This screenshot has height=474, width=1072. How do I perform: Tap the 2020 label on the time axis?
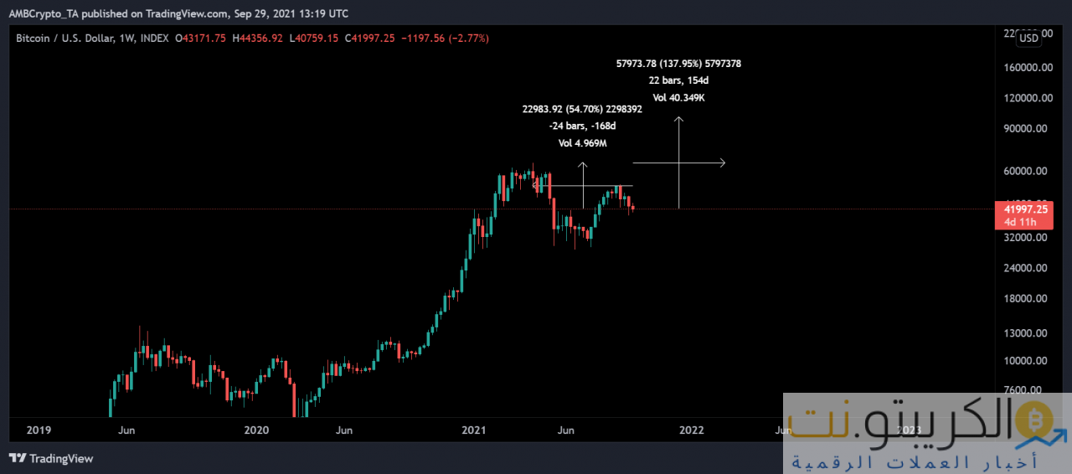(256, 430)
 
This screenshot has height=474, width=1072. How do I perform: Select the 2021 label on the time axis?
(474, 430)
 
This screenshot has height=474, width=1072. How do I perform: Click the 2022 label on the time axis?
(692, 430)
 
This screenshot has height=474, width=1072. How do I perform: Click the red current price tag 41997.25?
(1019, 209)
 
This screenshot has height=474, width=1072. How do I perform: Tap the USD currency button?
(1029, 38)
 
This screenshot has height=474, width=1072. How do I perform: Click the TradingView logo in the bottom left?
(51, 458)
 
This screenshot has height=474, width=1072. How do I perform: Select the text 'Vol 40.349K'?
(678, 98)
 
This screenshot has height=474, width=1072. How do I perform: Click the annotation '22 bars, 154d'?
(678, 80)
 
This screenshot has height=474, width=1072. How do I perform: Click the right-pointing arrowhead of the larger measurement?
(722, 162)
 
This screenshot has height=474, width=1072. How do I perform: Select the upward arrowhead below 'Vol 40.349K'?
(679, 120)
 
